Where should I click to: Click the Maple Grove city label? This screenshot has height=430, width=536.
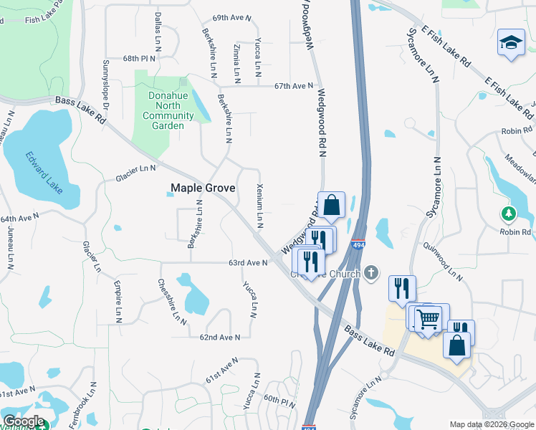pos(202,188)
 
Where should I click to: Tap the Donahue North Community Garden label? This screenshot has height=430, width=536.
pos(168,110)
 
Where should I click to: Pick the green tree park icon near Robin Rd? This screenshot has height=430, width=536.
pos(509,214)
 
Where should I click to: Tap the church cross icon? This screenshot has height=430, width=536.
pos(370,272)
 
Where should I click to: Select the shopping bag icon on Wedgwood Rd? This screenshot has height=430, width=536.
pos(331,205)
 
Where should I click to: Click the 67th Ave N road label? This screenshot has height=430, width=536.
pos(294,86)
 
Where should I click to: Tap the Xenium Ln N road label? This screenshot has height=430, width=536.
pos(260,206)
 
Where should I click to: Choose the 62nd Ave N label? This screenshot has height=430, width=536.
pos(219,337)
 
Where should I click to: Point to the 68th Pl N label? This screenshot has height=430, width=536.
pos(139,58)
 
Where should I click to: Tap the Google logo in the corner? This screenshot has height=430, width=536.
pos(24,421)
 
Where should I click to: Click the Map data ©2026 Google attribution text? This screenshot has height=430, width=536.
pos(491,424)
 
